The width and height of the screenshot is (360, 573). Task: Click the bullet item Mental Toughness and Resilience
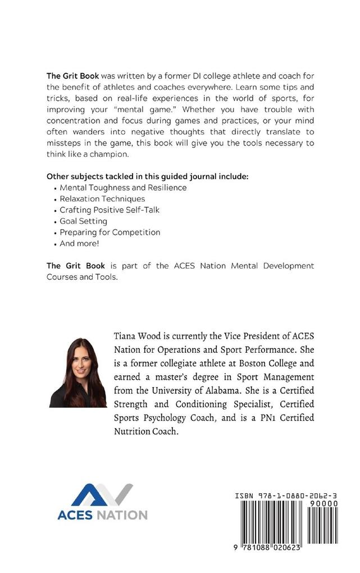[123, 187]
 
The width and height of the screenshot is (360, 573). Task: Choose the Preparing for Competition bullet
[110, 232]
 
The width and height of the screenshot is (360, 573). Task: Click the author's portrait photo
[78, 372]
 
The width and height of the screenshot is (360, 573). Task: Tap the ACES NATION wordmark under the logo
[102, 515]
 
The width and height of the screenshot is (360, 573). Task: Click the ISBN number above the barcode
[286, 496]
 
